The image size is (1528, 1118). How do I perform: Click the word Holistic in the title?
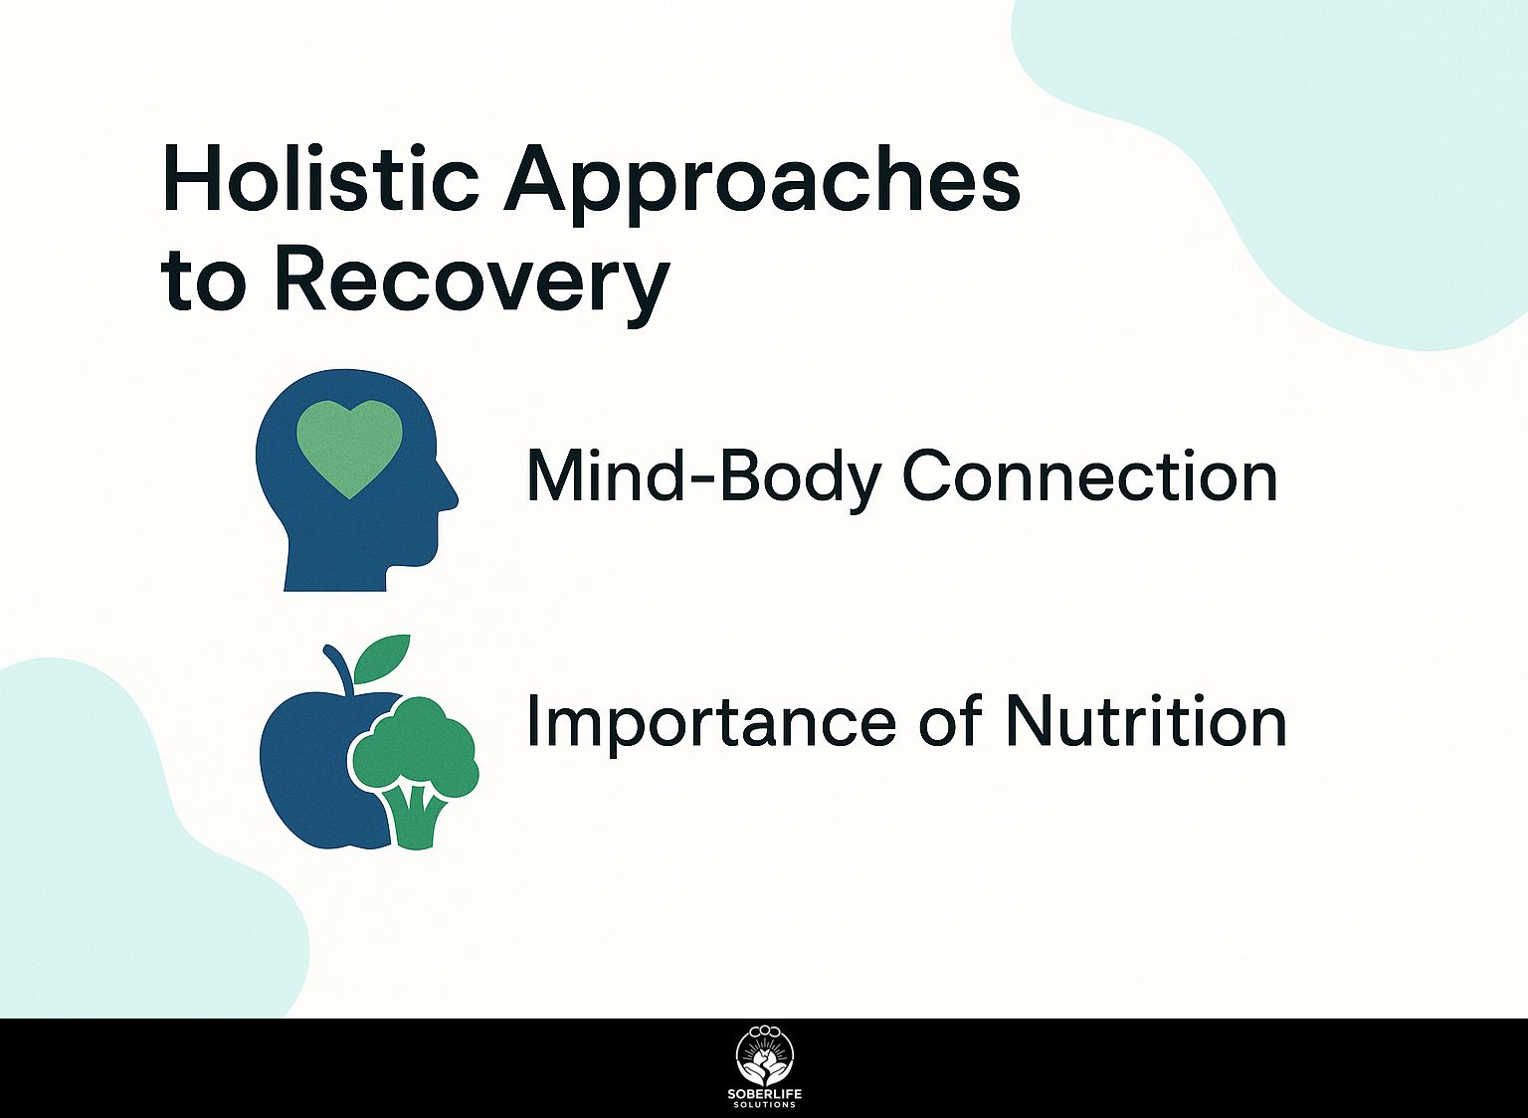point(320,179)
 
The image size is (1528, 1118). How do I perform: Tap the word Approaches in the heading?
point(762,181)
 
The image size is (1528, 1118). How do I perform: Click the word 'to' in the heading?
point(202,282)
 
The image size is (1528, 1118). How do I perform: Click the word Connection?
point(1089,476)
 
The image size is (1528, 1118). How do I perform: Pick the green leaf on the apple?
point(383,656)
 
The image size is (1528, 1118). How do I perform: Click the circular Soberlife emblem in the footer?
point(764,1055)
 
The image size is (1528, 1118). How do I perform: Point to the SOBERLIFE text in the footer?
point(764,1094)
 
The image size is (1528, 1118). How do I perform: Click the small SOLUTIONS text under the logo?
point(764,1105)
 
